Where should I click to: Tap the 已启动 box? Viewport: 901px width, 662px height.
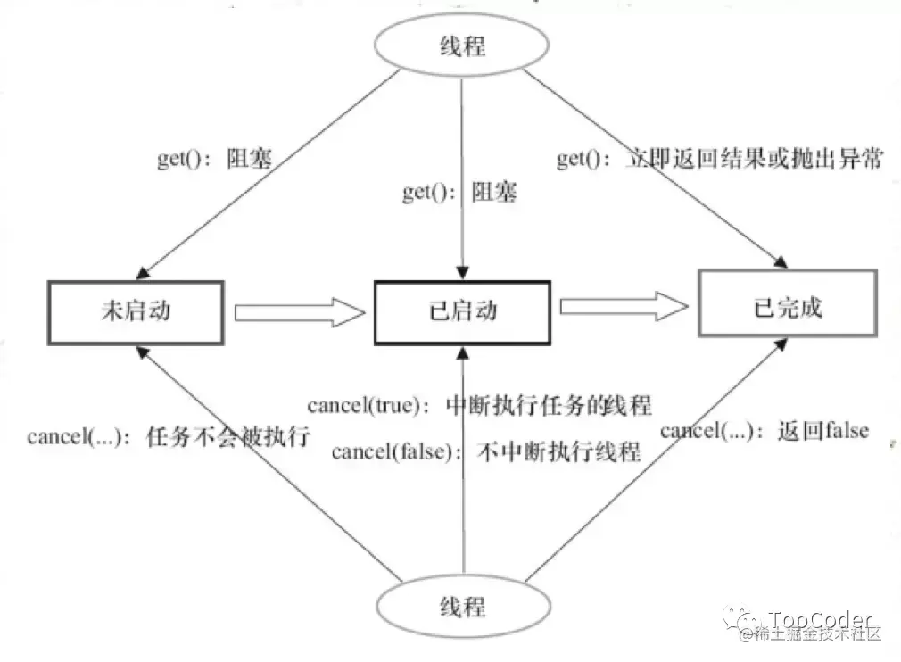tap(463, 310)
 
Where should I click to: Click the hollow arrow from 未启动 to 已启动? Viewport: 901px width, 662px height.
tap(299, 312)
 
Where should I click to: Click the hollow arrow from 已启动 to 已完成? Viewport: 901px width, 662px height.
tap(624, 307)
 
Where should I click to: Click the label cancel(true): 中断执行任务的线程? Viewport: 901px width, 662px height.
tap(479, 406)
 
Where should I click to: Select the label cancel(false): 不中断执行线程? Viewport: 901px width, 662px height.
tap(486, 451)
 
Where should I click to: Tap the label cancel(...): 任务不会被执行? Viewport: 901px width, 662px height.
tap(168, 437)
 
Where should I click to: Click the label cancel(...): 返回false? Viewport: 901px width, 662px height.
tap(765, 431)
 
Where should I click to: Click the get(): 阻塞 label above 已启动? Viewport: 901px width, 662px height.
tap(459, 193)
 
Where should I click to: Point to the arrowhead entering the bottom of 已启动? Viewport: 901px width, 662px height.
tap(463, 353)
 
